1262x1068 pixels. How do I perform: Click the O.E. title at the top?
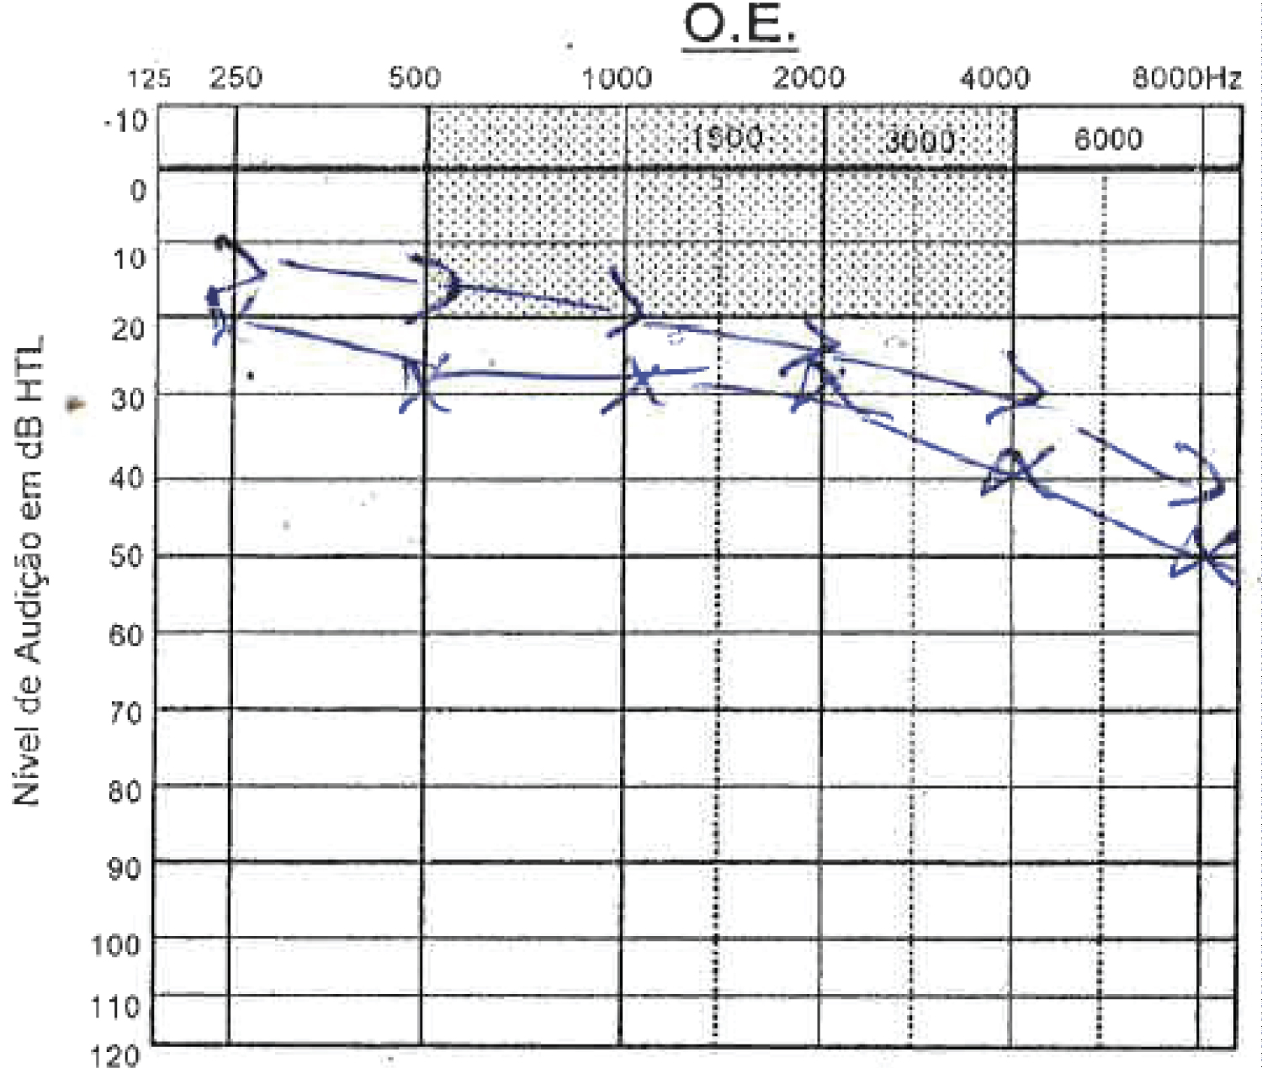pyautogui.click(x=740, y=25)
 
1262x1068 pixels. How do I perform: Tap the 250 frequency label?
pyautogui.click(x=236, y=78)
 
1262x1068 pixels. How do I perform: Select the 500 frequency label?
pyautogui.click(x=414, y=78)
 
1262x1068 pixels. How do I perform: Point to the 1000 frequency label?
pyautogui.click(x=617, y=78)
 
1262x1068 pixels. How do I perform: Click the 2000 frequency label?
pyautogui.click(x=809, y=78)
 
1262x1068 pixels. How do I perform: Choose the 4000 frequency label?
pyautogui.click(x=994, y=78)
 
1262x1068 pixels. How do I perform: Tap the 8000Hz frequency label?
pyautogui.click(x=1186, y=78)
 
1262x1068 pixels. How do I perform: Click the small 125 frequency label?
pyautogui.click(x=149, y=79)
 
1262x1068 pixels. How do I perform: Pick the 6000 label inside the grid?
pyautogui.click(x=1108, y=139)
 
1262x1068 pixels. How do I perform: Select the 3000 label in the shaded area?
pyautogui.click(x=920, y=140)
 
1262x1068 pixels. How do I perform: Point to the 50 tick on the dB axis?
pyautogui.click(x=127, y=556)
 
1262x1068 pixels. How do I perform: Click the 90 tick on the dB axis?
pyautogui.click(x=125, y=869)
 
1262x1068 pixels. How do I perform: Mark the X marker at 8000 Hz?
pyautogui.click(x=1205, y=556)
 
